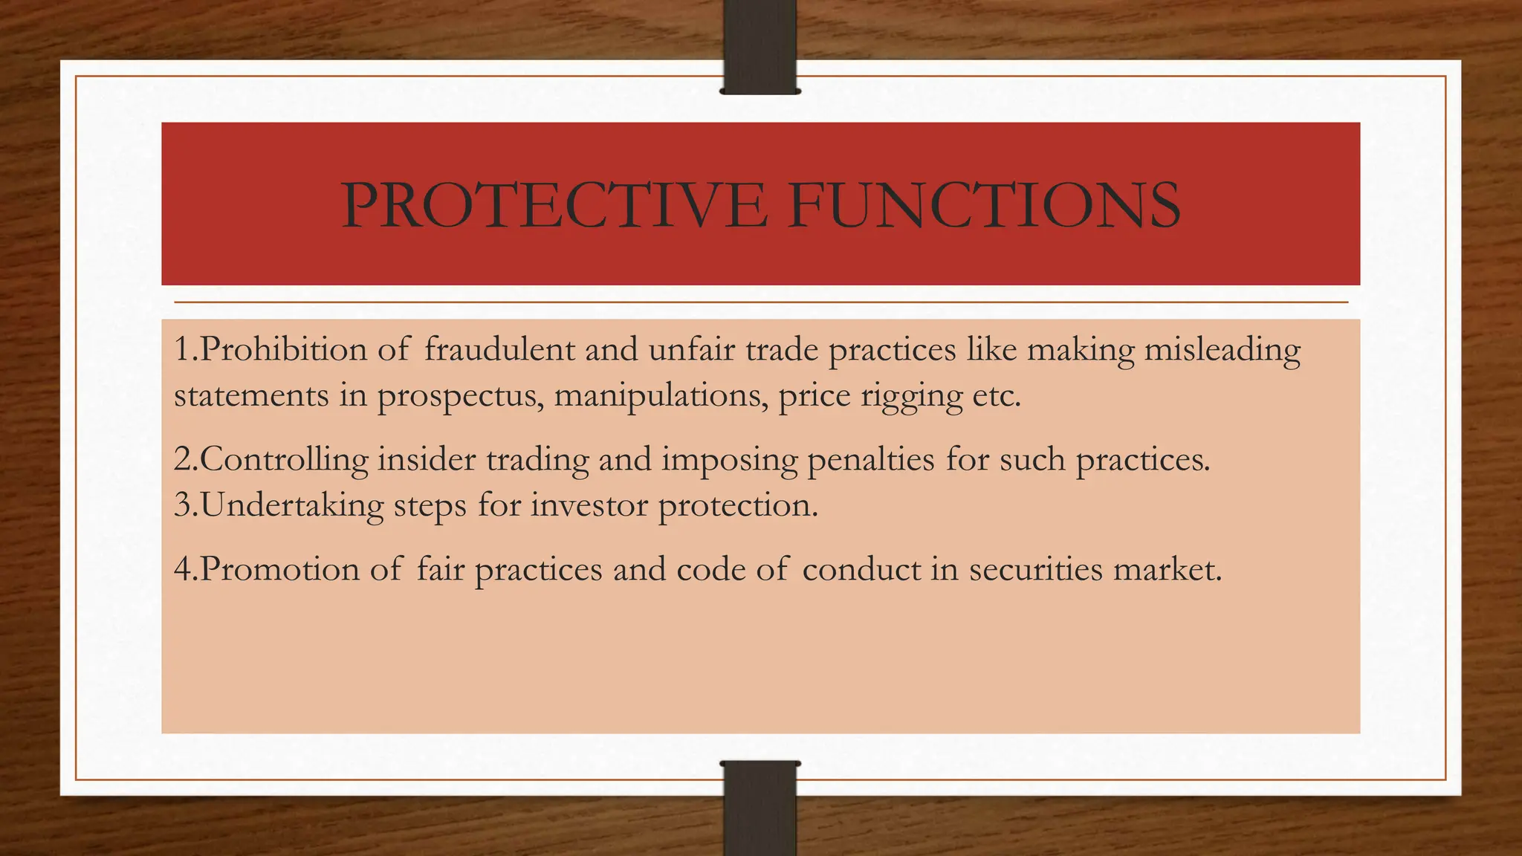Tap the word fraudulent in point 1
pos(499,349)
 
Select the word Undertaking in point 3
pos(291,506)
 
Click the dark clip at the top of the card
pos(760,47)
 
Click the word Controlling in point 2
pos(283,459)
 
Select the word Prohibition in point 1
pos(283,349)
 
